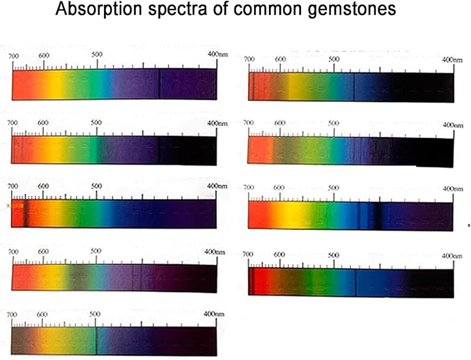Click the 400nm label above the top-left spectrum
tap(218, 55)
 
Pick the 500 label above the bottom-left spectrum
tap(95, 314)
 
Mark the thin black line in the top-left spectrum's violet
tap(159, 84)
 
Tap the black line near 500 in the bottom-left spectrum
tap(97, 341)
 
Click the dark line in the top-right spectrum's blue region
tap(354, 88)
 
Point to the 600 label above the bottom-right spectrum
tap(279, 254)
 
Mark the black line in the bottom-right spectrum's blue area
tap(355, 283)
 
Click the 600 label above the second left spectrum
tap(43, 123)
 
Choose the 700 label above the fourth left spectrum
tap(14, 252)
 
